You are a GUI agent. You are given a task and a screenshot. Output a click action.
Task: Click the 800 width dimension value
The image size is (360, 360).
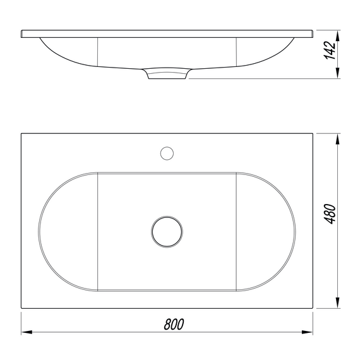point(174,324)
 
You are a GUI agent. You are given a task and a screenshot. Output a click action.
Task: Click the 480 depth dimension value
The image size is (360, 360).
point(330,213)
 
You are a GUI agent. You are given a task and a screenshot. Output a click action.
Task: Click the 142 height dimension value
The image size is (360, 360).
point(330,51)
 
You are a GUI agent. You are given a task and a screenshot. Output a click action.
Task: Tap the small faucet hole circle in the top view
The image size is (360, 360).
point(167,153)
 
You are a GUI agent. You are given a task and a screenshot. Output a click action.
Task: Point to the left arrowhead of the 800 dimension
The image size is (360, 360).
point(27,332)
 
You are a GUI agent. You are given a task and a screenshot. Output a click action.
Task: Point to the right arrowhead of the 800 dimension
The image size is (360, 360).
point(307,332)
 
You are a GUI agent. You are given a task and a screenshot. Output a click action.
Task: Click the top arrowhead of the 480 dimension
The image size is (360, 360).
point(337,139)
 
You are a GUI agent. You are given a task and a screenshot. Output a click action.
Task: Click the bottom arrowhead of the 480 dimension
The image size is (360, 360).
point(337,303)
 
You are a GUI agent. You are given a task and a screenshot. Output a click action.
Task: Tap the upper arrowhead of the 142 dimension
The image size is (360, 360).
point(337,36)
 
